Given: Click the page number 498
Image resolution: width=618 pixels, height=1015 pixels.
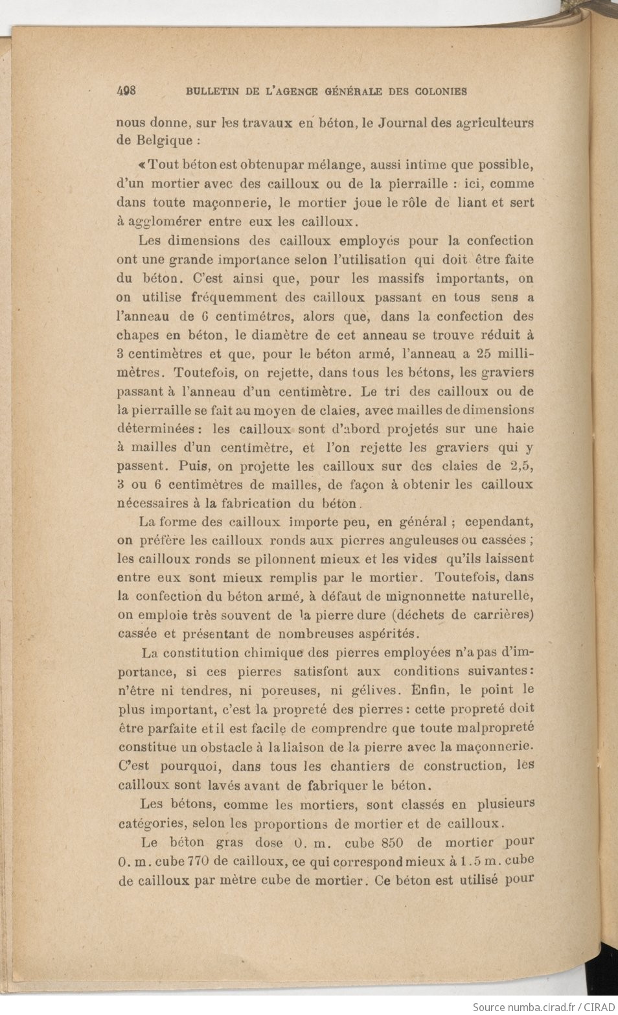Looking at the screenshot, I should [126, 91].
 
